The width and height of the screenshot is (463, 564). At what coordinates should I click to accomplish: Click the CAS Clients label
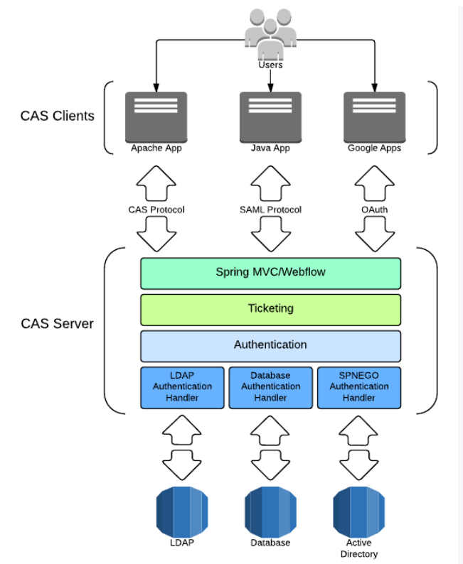(57, 115)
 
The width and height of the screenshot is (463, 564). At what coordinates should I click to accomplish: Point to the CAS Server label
(57, 324)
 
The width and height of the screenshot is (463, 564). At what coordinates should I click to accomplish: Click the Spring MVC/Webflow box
(270, 272)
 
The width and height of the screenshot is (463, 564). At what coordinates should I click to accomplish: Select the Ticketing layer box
(270, 309)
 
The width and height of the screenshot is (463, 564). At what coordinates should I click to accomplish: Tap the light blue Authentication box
(270, 345)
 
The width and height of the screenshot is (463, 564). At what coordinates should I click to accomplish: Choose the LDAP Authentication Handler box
(182, 387)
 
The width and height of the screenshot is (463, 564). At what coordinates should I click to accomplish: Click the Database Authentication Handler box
(270, 387)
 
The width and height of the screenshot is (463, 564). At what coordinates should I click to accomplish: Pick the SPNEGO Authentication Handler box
(358, 387)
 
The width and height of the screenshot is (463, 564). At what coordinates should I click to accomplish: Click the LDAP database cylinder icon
(182, 511)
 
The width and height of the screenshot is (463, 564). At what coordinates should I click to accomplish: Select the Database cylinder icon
(270, 511)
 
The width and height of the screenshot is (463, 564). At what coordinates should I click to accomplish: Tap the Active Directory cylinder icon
(358, 511)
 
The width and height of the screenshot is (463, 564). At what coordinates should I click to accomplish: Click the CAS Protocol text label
(156, 210)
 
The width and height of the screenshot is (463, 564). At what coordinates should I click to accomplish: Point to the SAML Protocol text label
(270, 210)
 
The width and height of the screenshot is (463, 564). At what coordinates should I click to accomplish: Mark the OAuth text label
(374, 210)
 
